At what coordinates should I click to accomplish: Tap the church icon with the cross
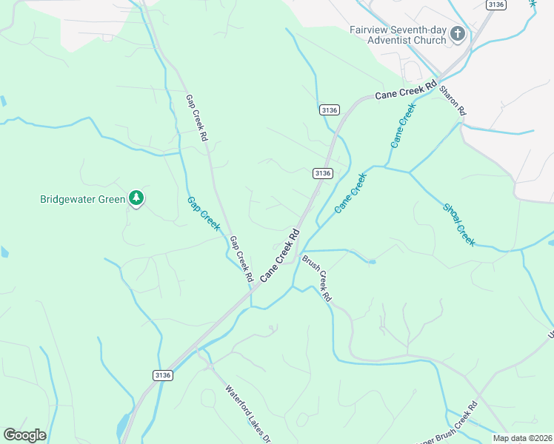tap(458, 34)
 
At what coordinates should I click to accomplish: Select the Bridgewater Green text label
tap(81, 199)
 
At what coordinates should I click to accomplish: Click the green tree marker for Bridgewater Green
tap(136, 198)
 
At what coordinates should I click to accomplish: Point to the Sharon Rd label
tap(453, 101)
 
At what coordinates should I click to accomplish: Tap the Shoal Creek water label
tap(458, 224)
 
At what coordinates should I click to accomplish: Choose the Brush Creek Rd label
tap(316, 277)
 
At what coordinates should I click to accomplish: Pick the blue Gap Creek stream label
tap(203, 213)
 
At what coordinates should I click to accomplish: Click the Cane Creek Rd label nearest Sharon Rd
tap(405, 91)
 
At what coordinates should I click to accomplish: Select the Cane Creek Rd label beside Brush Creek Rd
tap(280, 257)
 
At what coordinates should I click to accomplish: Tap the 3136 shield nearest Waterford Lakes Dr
tap(163, 375)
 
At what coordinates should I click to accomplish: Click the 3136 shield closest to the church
tap(496, 4)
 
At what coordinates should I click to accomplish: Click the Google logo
tap(24, 435)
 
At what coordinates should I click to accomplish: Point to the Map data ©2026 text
tap(522, 438)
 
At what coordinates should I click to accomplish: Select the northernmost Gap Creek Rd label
tap(196, 117)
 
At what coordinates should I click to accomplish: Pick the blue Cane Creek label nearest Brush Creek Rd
tap(350, 193)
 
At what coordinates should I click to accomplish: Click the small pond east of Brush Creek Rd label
tap(371, 261)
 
